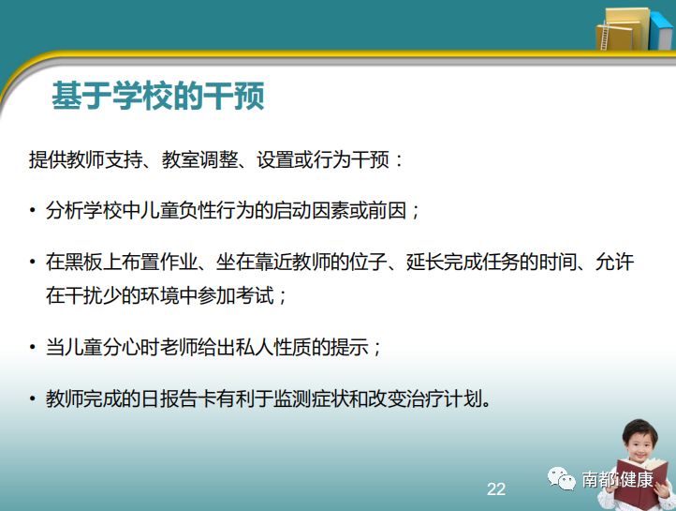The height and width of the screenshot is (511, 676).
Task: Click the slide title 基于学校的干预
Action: tap(157, 96)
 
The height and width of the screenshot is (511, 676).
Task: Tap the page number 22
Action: tap(495, 488)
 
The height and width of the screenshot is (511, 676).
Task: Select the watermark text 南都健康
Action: tap(617, 478)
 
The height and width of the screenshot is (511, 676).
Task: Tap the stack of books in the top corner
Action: tap(628, 27)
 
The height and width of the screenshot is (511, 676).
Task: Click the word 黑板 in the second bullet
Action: tap(85, 262)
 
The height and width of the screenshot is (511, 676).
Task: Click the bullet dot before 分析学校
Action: tap(33, 211)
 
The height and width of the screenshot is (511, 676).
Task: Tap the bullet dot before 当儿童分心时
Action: tap(33, 347)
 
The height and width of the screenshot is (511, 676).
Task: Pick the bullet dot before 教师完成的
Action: tap(33, 398)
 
